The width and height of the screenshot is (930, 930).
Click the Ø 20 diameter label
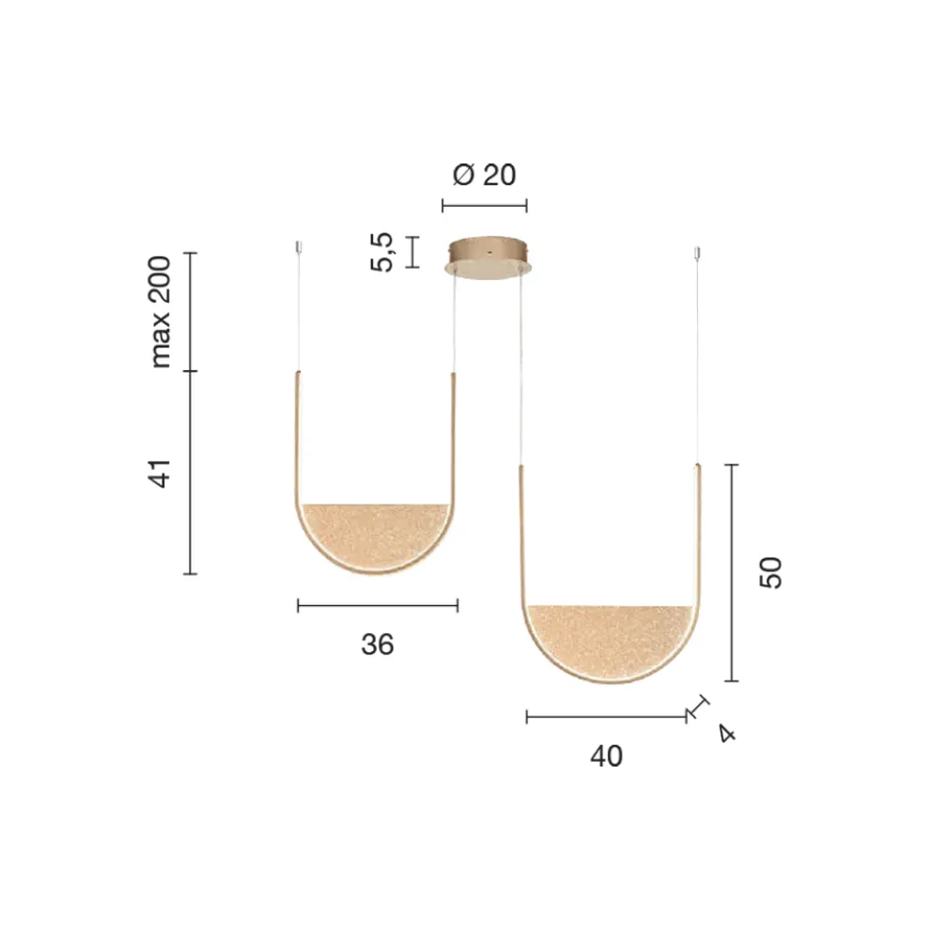(484, 175)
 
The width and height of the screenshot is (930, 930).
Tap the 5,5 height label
(382, 252)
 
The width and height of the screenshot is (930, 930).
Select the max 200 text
(160, 312)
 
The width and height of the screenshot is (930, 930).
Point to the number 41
(160, 473)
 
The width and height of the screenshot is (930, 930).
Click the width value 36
(378, 644)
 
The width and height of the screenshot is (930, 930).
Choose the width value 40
(606, 756)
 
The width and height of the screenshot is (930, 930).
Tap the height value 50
(771, 572)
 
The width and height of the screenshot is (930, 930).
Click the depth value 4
(727, 734)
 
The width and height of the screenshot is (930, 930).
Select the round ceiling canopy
(488, 258)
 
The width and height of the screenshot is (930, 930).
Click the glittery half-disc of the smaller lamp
(375, 534)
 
